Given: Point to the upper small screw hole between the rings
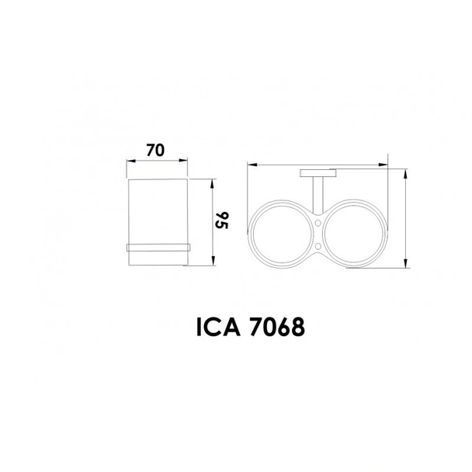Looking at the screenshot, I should [318, 223].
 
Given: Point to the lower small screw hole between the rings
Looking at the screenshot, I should [318, 247].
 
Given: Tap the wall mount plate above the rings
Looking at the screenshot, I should [317, 172].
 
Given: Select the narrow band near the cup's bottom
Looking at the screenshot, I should [158, 247].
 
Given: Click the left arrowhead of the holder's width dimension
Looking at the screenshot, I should [250, 165].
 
